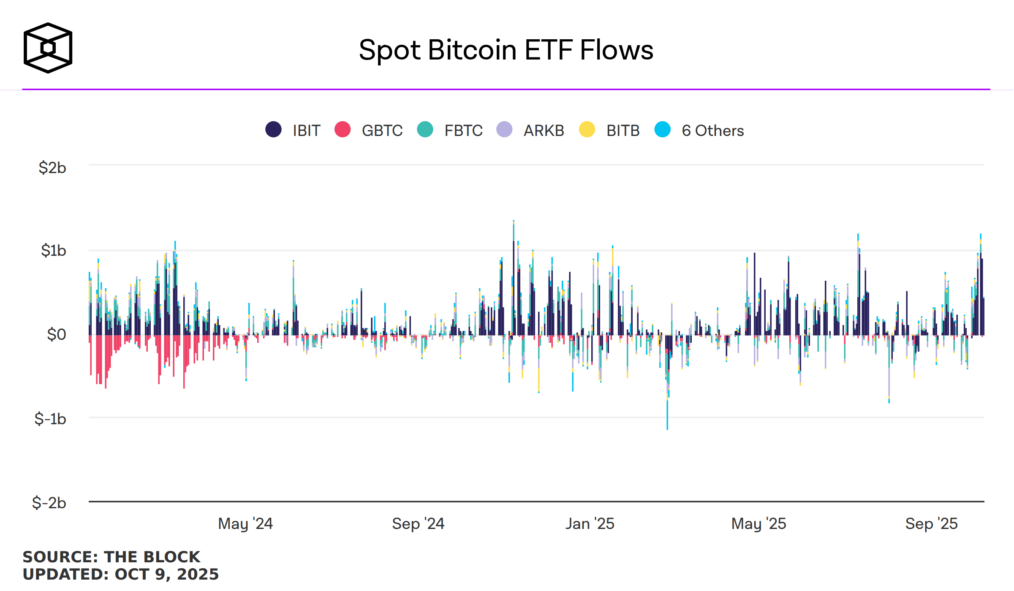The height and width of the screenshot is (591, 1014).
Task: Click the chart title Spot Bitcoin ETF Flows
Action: tap(506, 50)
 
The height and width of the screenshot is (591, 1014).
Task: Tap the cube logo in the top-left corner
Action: tap(48, 48)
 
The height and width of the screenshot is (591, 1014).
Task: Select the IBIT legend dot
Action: tap(273, 130)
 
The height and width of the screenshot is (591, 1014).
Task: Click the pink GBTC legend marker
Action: tap(343, 130)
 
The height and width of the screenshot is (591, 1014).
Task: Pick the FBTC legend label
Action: tap(463, 131)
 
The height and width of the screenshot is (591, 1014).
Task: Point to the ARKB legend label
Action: tap(544, 131)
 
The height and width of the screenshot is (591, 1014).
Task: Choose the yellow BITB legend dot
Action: tap(587, 130)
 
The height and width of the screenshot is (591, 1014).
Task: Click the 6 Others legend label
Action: tap(712, 131)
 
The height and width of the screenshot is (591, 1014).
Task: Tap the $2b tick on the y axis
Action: tap(52, 168)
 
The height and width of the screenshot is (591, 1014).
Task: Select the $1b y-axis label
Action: tap(53, 250)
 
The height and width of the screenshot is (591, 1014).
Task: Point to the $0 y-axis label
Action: tap(57, 334)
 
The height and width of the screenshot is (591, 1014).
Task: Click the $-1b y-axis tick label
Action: tap(50, 419)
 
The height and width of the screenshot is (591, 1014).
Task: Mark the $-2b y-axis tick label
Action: tap(49, 503)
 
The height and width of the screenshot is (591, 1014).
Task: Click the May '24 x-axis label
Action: tap(245, 523)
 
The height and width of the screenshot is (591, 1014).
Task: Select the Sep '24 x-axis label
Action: tap(418, 523)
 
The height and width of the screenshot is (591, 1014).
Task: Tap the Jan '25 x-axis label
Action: tap(590, 523)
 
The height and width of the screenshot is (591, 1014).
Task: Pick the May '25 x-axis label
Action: tap(758, 523)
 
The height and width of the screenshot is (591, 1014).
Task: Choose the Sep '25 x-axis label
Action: tap(931, 523)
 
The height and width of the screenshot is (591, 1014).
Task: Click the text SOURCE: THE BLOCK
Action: tap(111, 557)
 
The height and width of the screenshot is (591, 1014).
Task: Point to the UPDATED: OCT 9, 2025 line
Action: tap(121, 574)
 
